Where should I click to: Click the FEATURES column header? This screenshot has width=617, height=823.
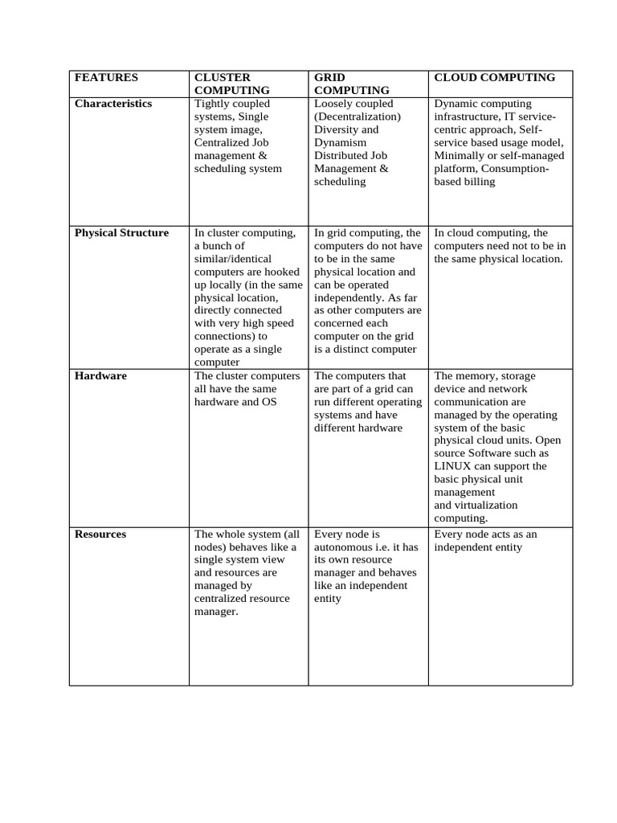click(106, 78)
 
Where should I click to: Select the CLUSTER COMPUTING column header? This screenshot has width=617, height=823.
click(232, 84)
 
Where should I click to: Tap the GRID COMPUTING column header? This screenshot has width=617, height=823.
click(352, 84)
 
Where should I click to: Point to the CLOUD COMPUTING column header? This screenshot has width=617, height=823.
click(494, 78)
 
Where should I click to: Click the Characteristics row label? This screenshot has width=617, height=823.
click(113, 104)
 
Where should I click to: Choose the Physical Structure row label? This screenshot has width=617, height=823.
click(121, 233)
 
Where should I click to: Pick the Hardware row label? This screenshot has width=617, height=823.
click(100, 376)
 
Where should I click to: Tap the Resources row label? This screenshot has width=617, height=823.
click(100, 534)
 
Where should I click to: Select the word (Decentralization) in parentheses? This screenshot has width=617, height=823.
click(358, 117)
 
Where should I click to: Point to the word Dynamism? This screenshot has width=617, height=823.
click(341, 142)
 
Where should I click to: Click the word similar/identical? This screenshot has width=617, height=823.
click(234, 259)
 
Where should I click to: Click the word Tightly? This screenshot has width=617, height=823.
click(210, 104)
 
